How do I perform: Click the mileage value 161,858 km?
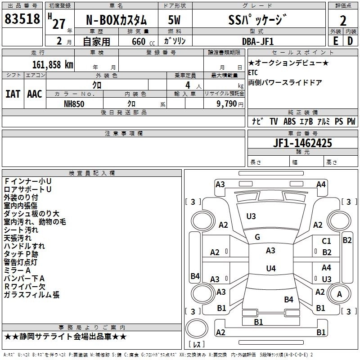pyautogui.click(x=53, y=64)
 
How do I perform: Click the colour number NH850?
pyautogui.click(x=74, y=103)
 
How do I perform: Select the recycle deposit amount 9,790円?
pyautogui.click(x=228, y=103)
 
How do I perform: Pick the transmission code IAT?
pyautogui.click(x=13, y=94)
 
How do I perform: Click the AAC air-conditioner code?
pyautogui.click(x=35, y=94)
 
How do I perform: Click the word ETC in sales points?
pyautogui.click(x=253, y=72)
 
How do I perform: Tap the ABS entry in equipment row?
pyautogui.click(x=290, y=121)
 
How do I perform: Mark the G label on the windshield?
pyautogui.click(x=257, y=237)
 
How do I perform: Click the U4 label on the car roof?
pyautogui.click(x=270, y=269)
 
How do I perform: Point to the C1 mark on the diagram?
pyautogui.click(x=326, y=241)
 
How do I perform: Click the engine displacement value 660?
pyautogui.click(x=139, y=41)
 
